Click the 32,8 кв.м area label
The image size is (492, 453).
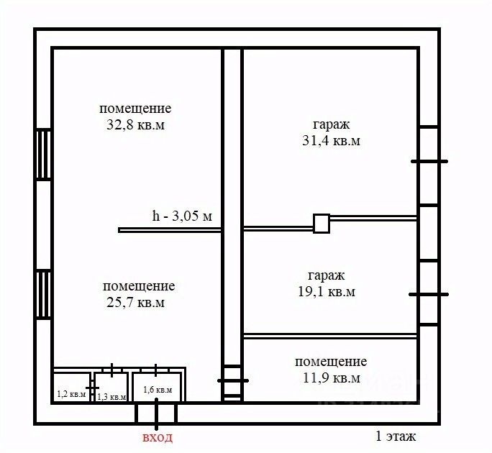135,124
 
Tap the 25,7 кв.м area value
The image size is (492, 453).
135,303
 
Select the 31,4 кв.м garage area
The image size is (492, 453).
331,141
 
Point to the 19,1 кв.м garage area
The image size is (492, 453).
326,292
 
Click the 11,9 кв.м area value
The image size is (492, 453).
331,378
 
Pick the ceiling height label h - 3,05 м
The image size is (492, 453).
182,216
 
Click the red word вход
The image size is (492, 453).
158,437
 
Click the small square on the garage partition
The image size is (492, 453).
321,224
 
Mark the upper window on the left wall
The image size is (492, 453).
43,154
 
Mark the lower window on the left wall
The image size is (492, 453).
43,294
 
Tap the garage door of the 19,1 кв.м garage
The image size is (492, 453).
429,293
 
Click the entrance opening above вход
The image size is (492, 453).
156,413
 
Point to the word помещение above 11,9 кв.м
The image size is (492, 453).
331,362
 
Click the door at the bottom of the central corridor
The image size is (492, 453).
232,381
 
